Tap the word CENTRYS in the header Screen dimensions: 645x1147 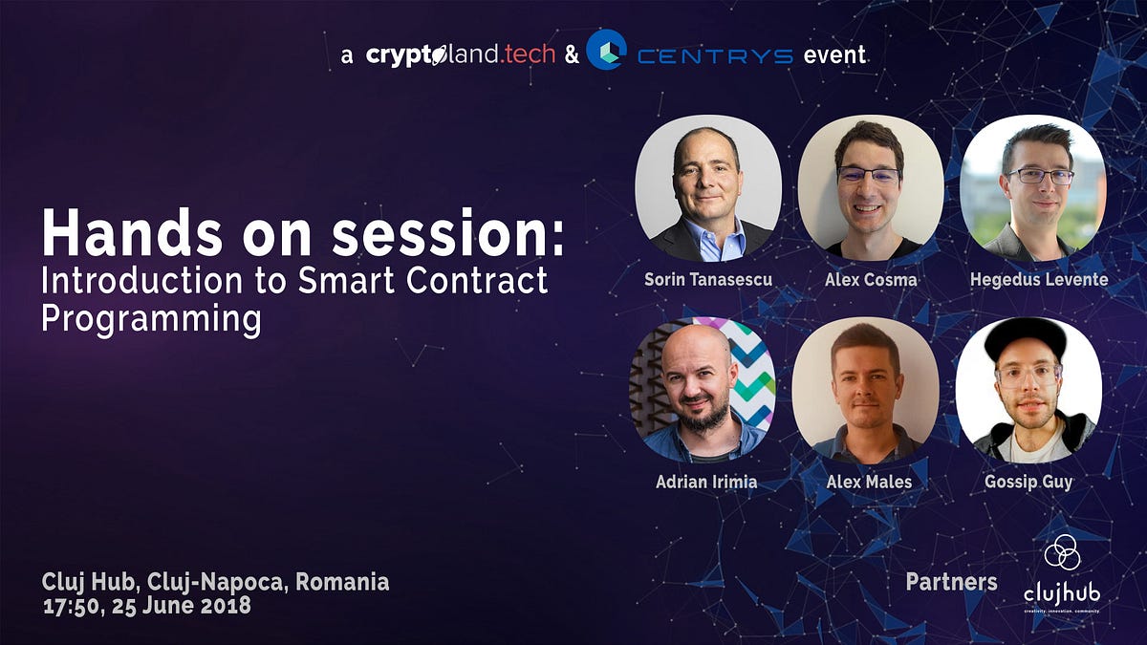715,55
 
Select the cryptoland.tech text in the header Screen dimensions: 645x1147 460,54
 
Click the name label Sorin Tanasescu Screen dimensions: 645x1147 708,280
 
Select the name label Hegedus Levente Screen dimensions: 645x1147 1039,280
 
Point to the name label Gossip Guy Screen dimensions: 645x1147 1028,482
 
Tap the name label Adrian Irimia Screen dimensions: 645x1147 706,482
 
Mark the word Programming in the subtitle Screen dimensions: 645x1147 151,319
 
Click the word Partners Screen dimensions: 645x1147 951,582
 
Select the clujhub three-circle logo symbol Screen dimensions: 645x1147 1061,552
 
